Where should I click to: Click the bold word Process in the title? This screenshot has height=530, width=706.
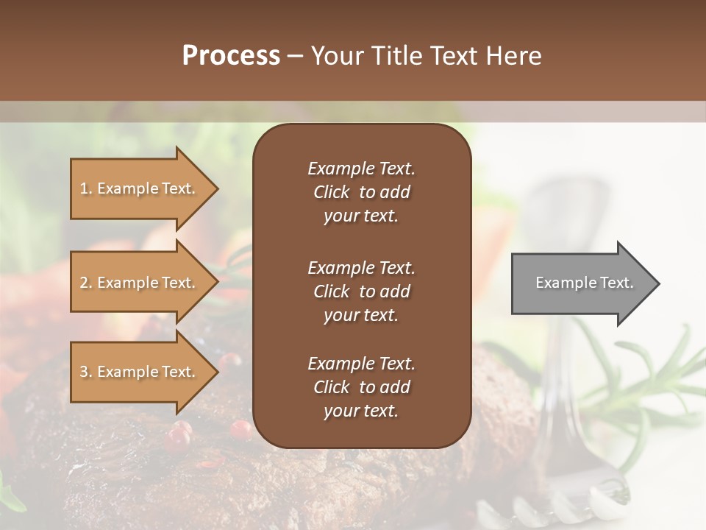point(231,56)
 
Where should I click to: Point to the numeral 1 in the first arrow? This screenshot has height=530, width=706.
point(84,188)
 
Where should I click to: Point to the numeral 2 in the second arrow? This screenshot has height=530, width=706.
point(84,283)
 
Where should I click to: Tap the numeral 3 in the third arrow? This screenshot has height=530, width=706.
point(84,372)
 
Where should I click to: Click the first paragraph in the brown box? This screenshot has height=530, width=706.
point(361,192)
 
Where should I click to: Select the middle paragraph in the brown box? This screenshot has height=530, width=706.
point(361,291)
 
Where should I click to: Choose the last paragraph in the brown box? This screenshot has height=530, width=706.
point(361,387)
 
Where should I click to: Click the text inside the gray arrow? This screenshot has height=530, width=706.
point(584,283)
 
